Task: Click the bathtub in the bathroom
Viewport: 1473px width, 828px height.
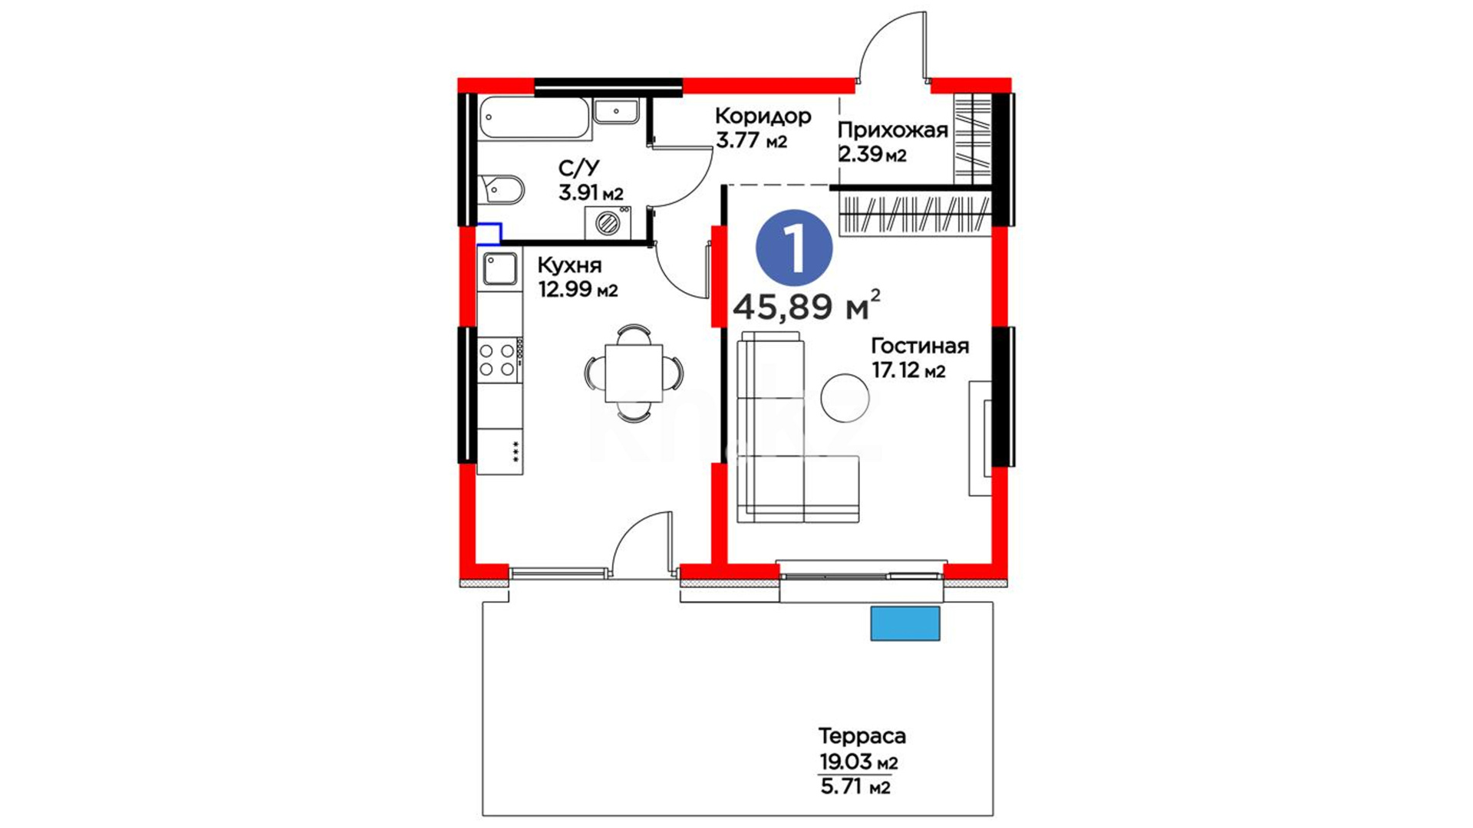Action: [535, 118]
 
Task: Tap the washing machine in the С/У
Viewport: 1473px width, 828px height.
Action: [608, 223]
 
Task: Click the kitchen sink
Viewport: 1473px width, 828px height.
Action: [500, 268]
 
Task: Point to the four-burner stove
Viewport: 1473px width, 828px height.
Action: [498, 360]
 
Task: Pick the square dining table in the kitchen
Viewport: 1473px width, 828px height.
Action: [634, 373]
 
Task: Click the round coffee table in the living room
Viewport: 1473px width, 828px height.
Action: [845, 398]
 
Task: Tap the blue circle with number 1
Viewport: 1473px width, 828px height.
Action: [794, 248]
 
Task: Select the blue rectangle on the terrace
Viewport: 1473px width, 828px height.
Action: [905, 623]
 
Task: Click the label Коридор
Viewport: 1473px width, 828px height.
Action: [763, 116]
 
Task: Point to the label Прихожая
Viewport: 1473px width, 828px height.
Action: [893, 130]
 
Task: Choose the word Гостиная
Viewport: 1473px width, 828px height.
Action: [920, 346]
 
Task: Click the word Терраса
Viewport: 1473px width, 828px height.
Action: [862, 736]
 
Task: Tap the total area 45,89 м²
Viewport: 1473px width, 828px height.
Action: [806, 306]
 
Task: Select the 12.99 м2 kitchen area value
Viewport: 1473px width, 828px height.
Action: [578, 290]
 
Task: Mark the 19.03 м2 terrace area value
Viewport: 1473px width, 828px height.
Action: [858, 763]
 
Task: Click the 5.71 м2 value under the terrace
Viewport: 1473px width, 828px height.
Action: [855, 787]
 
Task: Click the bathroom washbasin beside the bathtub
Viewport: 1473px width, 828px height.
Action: [616, 111]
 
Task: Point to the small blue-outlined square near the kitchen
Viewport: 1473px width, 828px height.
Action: [489, 234]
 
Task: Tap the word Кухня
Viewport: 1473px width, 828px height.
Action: [569, 265]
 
